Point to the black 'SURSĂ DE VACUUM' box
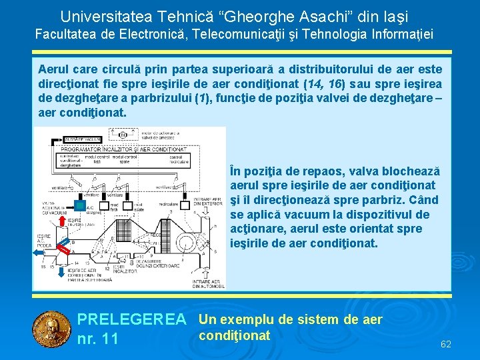point(83,138)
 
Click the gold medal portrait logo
point(51,329)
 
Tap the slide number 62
point(446,344)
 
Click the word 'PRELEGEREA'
point(132,320)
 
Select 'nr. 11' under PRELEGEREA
point(98,339)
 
